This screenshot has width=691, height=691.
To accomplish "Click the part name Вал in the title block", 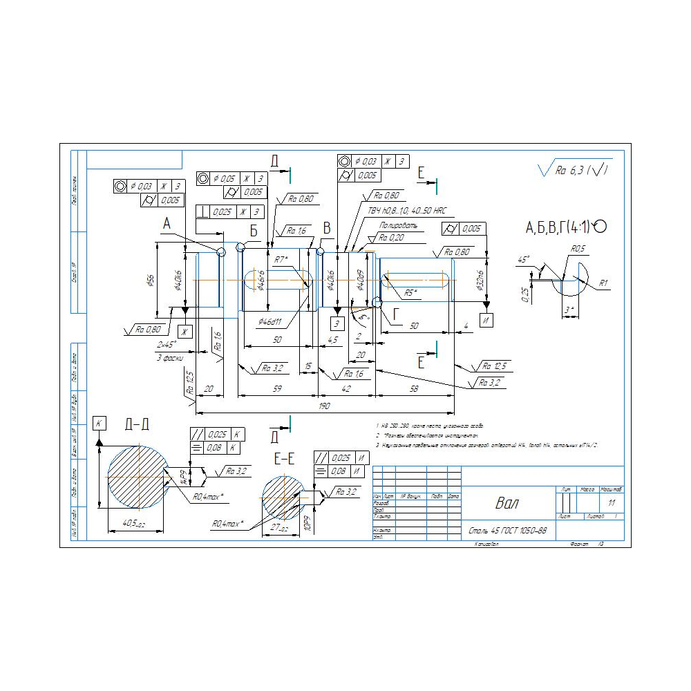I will tap(507, 503).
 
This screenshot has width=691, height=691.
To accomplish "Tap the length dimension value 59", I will tap(276, 389).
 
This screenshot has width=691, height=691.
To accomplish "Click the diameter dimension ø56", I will tap(149, 280).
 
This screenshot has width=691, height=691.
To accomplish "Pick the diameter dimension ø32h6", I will tap(480, 280).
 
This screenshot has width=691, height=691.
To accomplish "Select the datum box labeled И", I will tap(486, 321).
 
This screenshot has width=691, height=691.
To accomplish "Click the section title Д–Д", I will tap(137, 424).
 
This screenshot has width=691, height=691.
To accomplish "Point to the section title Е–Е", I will tap(284, 459).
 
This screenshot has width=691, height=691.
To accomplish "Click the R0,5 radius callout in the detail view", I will tap(578, 249).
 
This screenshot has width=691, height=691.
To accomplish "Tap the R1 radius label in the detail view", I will tap(603, 283).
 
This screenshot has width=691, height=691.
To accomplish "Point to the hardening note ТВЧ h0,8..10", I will tap(405, 209).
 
